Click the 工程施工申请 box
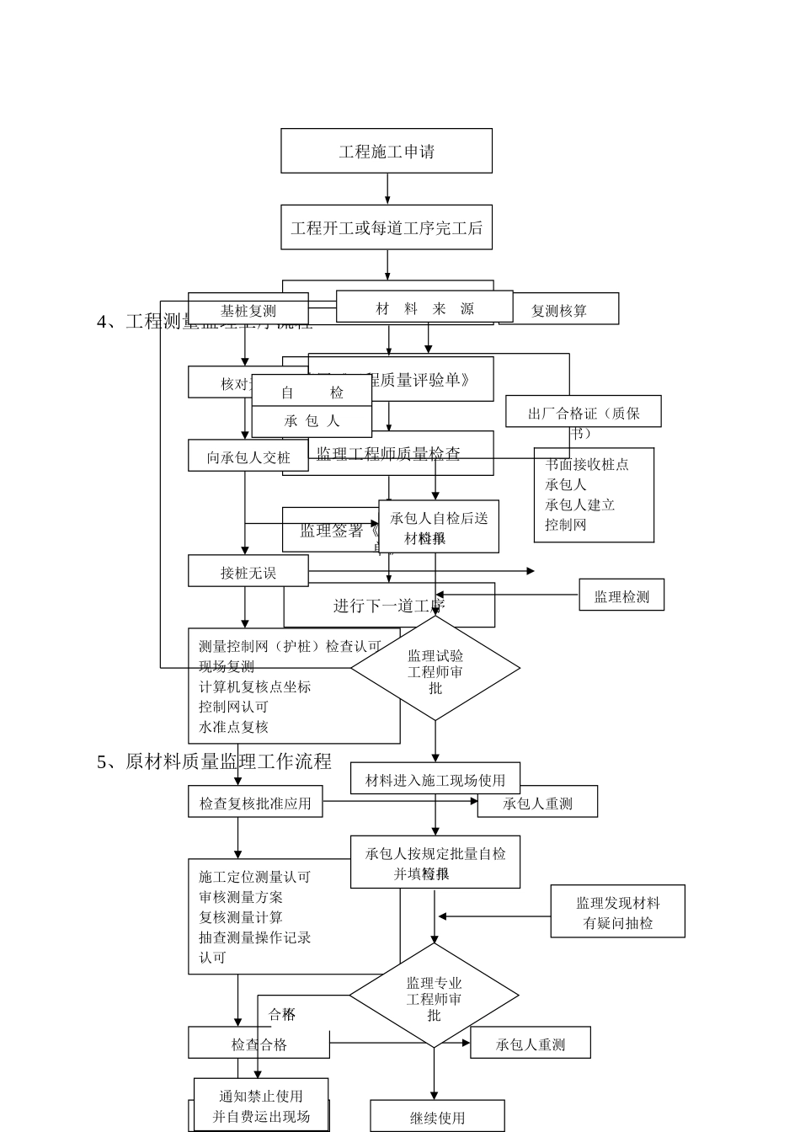[387, 152]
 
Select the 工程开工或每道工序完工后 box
[387, 227]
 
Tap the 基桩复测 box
[248, 311]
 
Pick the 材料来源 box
[424, 307]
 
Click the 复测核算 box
[559, 310]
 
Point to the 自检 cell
[312, 392]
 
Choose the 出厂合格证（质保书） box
[584, 412]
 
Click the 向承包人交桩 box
[248, 457]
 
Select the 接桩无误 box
[248, 572]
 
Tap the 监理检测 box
[621, 595]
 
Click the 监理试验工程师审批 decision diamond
[435, 669]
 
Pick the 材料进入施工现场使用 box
[435, 779]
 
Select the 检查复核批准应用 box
[255, 803]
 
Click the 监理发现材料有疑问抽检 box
[618, 912]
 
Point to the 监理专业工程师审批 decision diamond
[435, 996]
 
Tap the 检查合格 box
[259, 1044]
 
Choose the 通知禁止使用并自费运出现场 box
[261, 1105]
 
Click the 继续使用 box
[437, 1117]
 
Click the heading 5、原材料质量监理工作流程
[214, 761]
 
